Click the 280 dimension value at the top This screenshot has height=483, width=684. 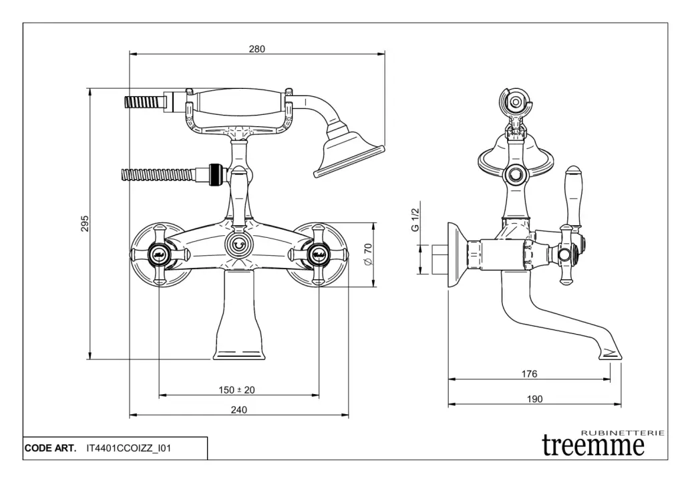pos(257,49)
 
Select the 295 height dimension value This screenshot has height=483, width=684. pos(85,224)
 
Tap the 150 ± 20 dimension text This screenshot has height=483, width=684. pos(238,389)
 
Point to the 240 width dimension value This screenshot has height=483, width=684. pos(238,410)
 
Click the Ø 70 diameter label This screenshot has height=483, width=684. pos(367,255)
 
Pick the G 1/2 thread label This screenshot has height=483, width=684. pos(415,219)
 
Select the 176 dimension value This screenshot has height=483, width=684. pos(529,374)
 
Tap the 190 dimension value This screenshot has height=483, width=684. pos(534,399)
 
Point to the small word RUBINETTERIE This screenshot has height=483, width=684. pos(623,433)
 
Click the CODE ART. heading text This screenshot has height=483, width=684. pos(51,448)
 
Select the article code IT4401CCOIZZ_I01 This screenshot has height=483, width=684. pos(129,448)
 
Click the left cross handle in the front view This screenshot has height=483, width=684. pos(160,254)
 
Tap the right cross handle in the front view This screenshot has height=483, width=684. pos(319,254)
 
